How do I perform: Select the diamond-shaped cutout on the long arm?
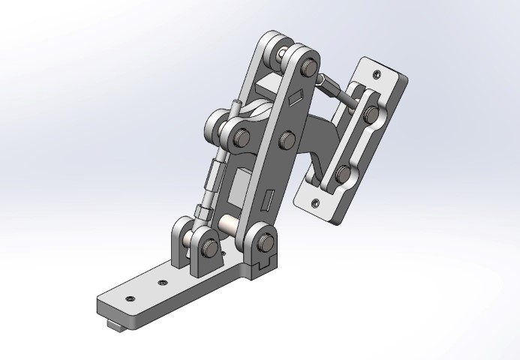(294, 96)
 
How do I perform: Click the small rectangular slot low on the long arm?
(268, 200)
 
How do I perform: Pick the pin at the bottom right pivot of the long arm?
(264, 241)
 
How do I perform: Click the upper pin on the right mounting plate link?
(370, 115)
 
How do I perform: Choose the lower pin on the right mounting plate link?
(343, 175)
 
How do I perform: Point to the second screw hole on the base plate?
(163, 283)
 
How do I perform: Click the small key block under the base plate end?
(116, 324)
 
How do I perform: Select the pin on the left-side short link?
(242, 136)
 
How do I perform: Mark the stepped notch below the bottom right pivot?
(261, 265)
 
